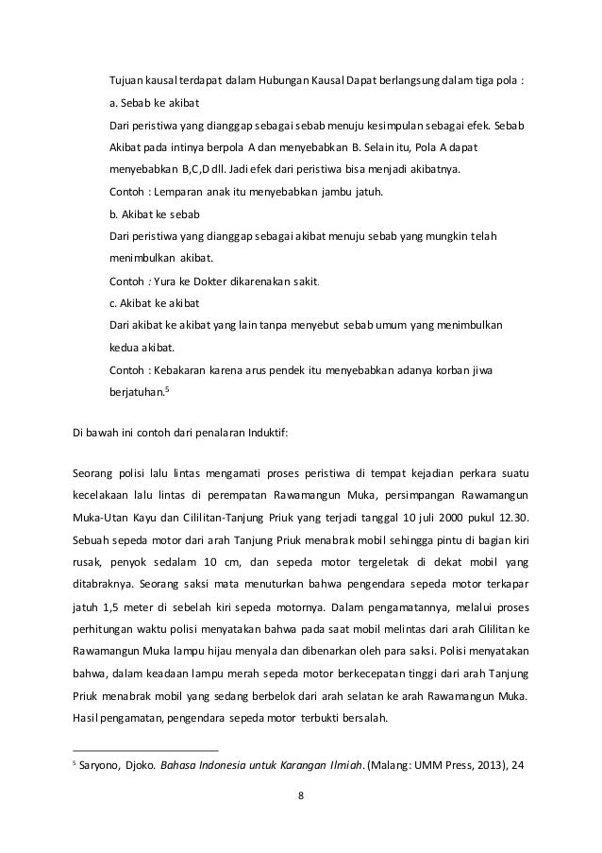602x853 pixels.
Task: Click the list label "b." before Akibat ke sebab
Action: [115, 215]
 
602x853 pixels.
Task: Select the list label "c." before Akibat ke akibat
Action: [114, 302]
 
